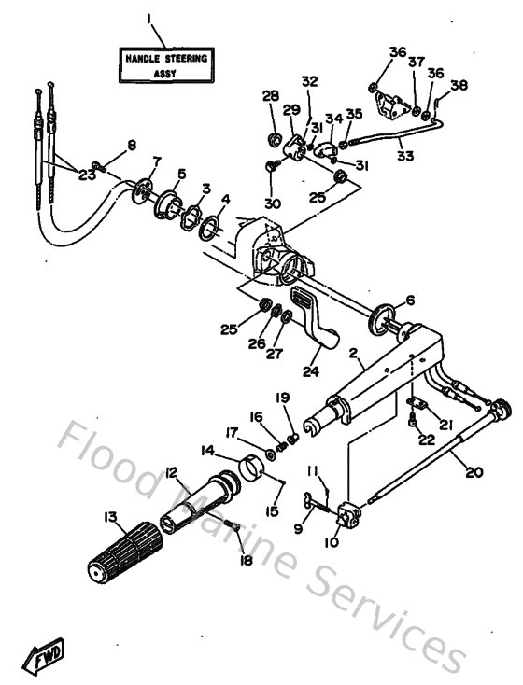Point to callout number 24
(310, 371)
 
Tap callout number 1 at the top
(148, 18)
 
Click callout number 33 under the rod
(405, 157)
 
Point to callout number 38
(458, 86)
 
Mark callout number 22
(427, 440)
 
